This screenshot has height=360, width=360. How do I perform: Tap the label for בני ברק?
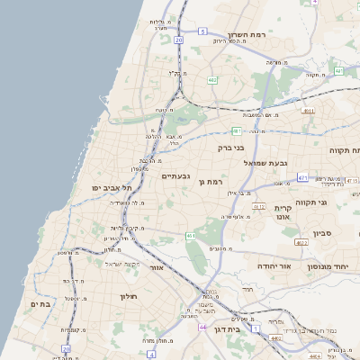[231, 148]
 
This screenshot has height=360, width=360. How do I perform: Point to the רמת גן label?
[211, 182]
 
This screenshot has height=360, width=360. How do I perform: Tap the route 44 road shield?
[202, 327]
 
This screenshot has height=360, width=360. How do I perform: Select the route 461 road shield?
[191, 236]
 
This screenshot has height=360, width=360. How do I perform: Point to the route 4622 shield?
[301, 242]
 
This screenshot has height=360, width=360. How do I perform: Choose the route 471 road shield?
[302, 177]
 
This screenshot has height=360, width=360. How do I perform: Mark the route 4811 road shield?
[309, 111]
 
